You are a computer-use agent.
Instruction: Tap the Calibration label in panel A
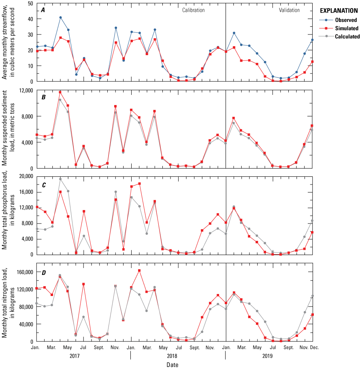click(x=193, y=10)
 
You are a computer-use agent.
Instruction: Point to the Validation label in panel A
click(x=289, y=10)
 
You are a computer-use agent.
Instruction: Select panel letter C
click(x=43, y=185)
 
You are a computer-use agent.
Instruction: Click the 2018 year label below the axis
click(x=178, y=356)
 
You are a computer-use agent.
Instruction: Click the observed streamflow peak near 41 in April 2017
click(x=60, y=17)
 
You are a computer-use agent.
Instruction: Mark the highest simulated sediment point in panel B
click(x=60, y=92)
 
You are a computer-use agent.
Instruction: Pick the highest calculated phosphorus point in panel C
click(x=60, y=179)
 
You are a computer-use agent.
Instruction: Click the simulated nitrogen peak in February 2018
click(x=139, y=270)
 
